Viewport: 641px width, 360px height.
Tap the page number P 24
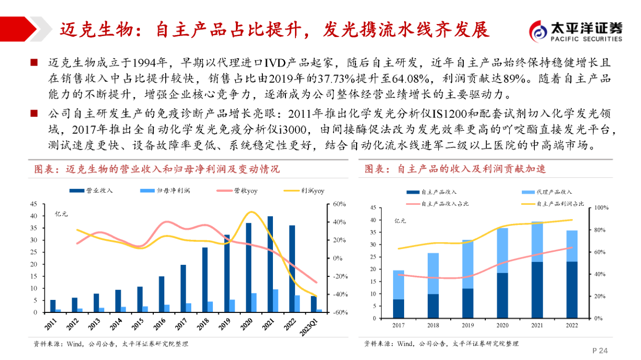coord(600,350)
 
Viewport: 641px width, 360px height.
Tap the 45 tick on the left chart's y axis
coord(34,204)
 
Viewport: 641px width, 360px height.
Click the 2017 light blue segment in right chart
coord(399,284)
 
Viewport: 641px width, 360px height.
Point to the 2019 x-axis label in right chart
coord(468,325)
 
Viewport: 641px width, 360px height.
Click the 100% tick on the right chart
coord(600,208)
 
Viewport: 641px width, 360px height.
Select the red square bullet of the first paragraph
coord(34,63)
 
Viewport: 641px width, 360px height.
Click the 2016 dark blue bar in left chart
coord(162,294)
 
